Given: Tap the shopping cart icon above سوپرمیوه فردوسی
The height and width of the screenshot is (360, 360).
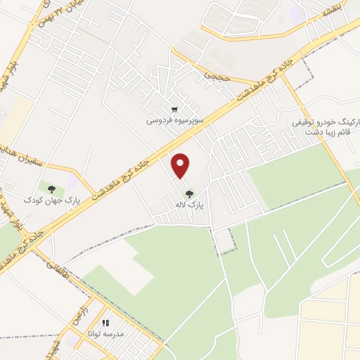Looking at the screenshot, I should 174,110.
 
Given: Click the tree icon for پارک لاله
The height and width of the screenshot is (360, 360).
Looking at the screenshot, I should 188,193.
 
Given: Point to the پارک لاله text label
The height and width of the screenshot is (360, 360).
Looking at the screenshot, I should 188,205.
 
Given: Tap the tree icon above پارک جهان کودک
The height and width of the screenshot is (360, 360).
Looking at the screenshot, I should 51,188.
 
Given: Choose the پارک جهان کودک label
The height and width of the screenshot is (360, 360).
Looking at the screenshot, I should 52,200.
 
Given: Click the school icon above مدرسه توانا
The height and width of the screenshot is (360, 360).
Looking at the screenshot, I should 105,323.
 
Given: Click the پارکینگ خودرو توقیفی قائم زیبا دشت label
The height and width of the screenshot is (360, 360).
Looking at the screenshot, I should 327,126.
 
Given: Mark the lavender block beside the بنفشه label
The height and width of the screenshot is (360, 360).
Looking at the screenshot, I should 297,14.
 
